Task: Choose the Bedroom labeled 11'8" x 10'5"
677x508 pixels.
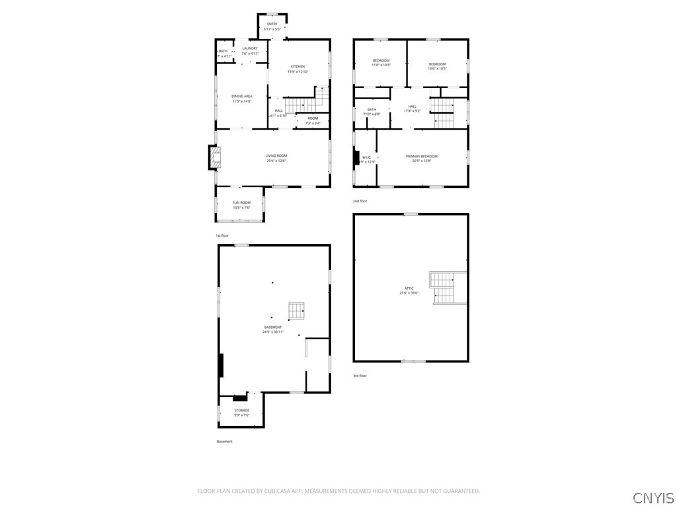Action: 380,63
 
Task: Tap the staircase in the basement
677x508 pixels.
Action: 296,310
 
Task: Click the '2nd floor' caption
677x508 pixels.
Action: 360,200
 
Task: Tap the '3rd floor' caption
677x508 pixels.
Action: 360,376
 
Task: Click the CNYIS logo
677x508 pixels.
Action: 653,497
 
